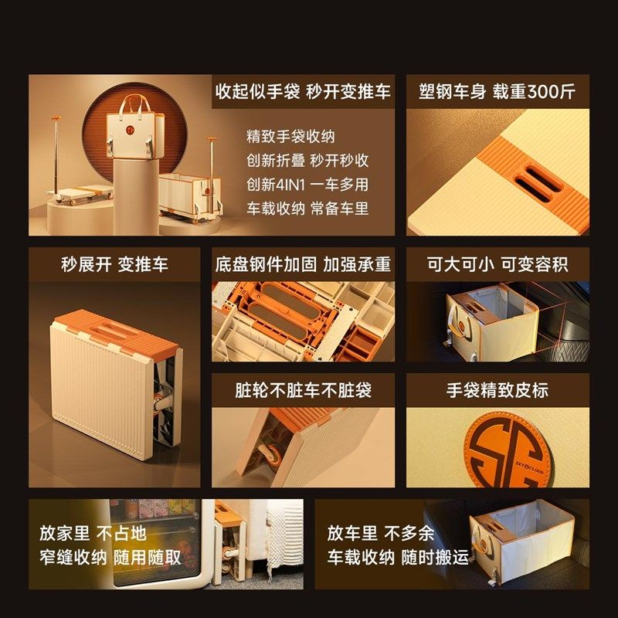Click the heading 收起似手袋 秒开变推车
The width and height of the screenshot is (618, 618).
tap(303, 91)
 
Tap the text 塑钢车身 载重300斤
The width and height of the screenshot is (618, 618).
tap(497, 91)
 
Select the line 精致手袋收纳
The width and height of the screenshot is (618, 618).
tap(290, 137)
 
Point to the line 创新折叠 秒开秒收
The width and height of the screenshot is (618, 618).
tap(307, 161)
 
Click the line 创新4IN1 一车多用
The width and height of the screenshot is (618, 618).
tap(307, 185)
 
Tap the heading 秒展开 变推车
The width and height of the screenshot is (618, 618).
tap(114, 264)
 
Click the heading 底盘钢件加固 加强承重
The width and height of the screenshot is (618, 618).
tap(303, 264)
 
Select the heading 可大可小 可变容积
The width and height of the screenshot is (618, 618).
tap(497, 264)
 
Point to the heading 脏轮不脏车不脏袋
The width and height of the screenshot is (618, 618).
tap(303, 390)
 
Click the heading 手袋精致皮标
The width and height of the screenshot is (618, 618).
tap(497, 390)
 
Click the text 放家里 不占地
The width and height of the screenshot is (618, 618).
tap(93, 533)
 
